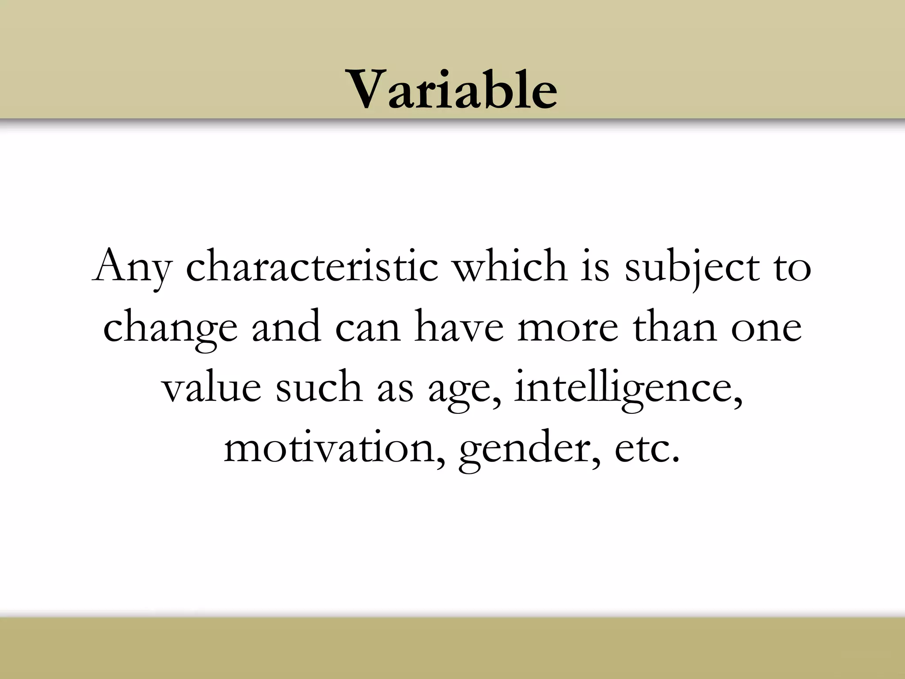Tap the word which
(511, 266)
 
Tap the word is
(595, 266)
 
